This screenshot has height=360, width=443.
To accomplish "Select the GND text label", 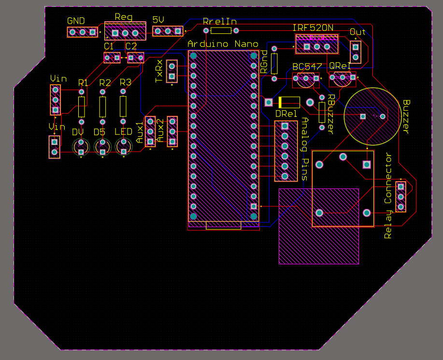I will pyautogui.click(x=76, y=21).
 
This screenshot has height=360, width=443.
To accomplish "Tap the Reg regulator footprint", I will pyautogui.click(x=125, y=33).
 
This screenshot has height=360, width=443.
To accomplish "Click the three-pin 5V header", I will pyautogui.click(x=168, y=31).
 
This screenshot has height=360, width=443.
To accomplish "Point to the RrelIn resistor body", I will pyautogui.click(x=221, y=30).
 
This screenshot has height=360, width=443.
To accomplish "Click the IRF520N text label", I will pyautogui.click(x=313, y=28).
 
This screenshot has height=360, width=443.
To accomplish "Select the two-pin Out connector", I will pyautogui.click(x=356, y=52).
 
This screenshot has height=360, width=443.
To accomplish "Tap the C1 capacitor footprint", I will pyautogui.click(x=112, y=58).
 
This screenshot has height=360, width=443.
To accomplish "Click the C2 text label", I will pyautogui.click(x=131, y=46).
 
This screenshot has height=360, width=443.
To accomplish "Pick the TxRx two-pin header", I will pyautogui.click(x=171, y=72).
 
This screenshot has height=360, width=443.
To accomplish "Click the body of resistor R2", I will pyautogui.click(x=102, y=106).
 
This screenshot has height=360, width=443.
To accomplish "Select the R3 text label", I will pyautogui.click(x=125, y=83).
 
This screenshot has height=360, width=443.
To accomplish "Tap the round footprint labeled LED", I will pyautogui.click(x=124, y=146).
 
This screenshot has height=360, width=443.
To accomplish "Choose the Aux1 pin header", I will pyautogui.click(x=150, y=131).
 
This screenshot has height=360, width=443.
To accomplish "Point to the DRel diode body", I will pyautogui.click(x=288, y=102).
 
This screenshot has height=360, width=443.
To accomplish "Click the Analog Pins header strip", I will pyautogui.click(x=285, y=151).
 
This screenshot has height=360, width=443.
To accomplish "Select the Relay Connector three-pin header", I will pyautogui.click(x=400, y=197).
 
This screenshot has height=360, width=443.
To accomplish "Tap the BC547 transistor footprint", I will pyautogui.click(x=305, y=79).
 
